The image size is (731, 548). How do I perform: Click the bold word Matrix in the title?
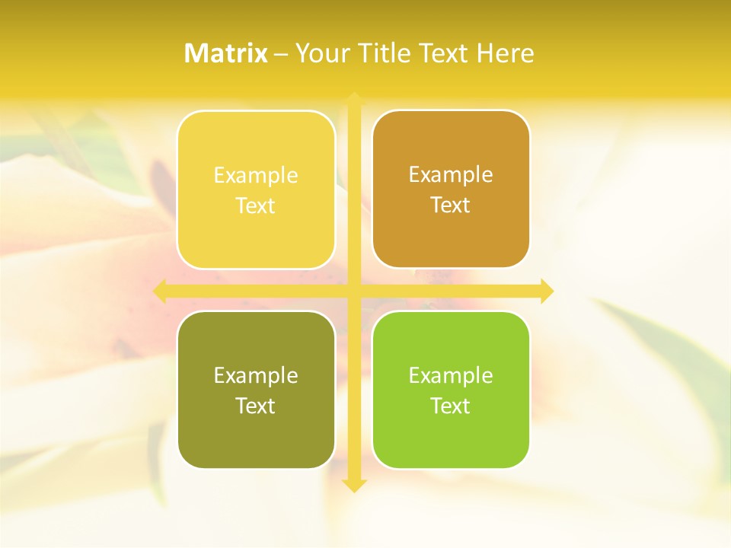coord(226,53)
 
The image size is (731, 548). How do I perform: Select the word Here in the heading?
coord(506,53)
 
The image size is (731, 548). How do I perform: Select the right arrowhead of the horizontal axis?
coord(547,291)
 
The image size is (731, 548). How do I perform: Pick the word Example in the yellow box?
coord(256,176)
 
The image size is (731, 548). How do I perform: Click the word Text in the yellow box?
coord(256,206)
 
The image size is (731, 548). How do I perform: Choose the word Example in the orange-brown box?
coord(451,175)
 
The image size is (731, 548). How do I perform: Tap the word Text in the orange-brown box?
coord(451,205)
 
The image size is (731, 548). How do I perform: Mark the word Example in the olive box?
coord(256,376)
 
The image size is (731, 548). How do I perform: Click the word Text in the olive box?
coord(256,406)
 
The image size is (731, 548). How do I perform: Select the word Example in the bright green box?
coord(451,376)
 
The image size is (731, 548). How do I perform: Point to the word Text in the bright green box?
coord(451,406)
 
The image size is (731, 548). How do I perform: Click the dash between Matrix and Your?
coord(281,54)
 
